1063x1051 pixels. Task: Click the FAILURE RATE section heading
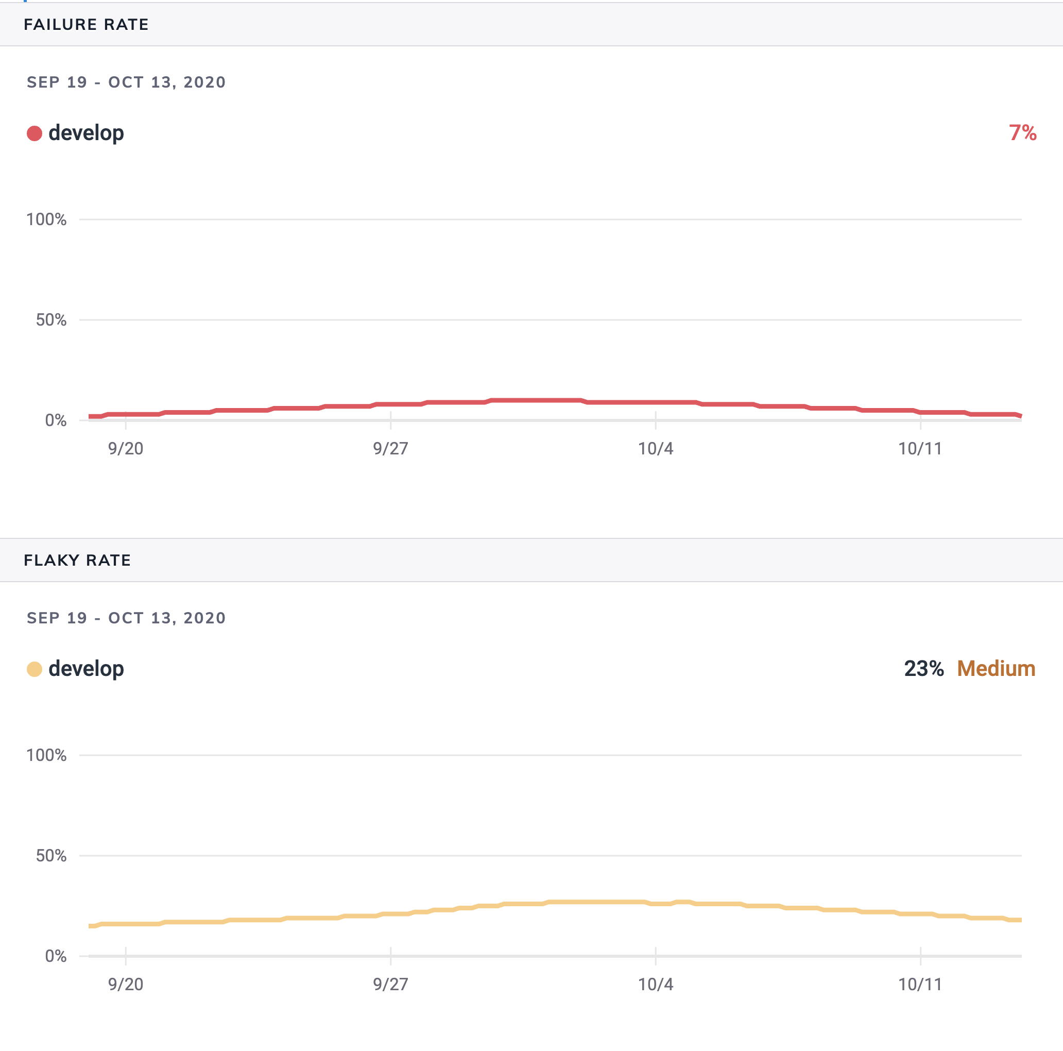[86, 25]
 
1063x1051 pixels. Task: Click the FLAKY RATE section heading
[77, 560]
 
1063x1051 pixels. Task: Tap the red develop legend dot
[35, 133]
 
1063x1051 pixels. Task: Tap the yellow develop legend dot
[35, 669]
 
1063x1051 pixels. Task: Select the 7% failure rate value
[1022, 133]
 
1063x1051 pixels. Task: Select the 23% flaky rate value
[924, 669]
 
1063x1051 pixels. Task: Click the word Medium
[996, 669]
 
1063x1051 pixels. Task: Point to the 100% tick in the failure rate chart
[47, 219]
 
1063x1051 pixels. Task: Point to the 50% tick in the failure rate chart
[51, 320]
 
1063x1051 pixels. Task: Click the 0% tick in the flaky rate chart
[56, 956]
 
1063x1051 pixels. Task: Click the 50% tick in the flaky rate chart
[51, 856]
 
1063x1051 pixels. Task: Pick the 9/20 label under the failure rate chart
[126, 448]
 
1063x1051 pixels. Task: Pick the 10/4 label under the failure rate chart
[655, 448]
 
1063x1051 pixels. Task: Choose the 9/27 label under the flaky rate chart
[391, 985]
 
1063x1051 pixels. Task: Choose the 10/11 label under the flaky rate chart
[920, 985]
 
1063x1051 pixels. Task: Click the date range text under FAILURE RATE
[126, 82]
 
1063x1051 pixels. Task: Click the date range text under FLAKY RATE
[126, 618]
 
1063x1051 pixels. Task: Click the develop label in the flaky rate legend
[87, 669]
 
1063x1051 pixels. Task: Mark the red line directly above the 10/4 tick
[655, 402]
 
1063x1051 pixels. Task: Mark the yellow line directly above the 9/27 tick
[391, 914]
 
